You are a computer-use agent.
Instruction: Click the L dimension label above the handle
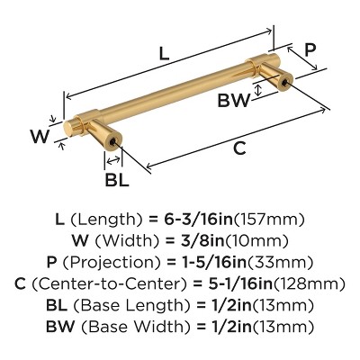coord(163,53)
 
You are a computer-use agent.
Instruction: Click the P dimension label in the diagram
coord(310,51)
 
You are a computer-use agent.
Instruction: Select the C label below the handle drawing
coord(238,149)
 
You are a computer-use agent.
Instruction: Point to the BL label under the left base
coord(117,179)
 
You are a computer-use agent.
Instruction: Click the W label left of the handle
coord(38,137)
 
